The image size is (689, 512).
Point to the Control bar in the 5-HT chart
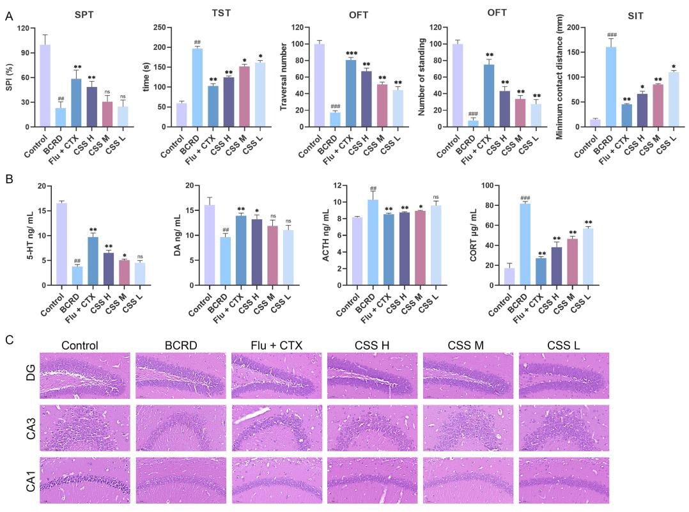(x=62, y=244)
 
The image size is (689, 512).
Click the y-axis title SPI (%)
(x=9, y=77)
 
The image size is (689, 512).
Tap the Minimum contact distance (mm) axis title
(x=560, y=77)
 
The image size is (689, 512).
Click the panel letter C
(x=9, y=339)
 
